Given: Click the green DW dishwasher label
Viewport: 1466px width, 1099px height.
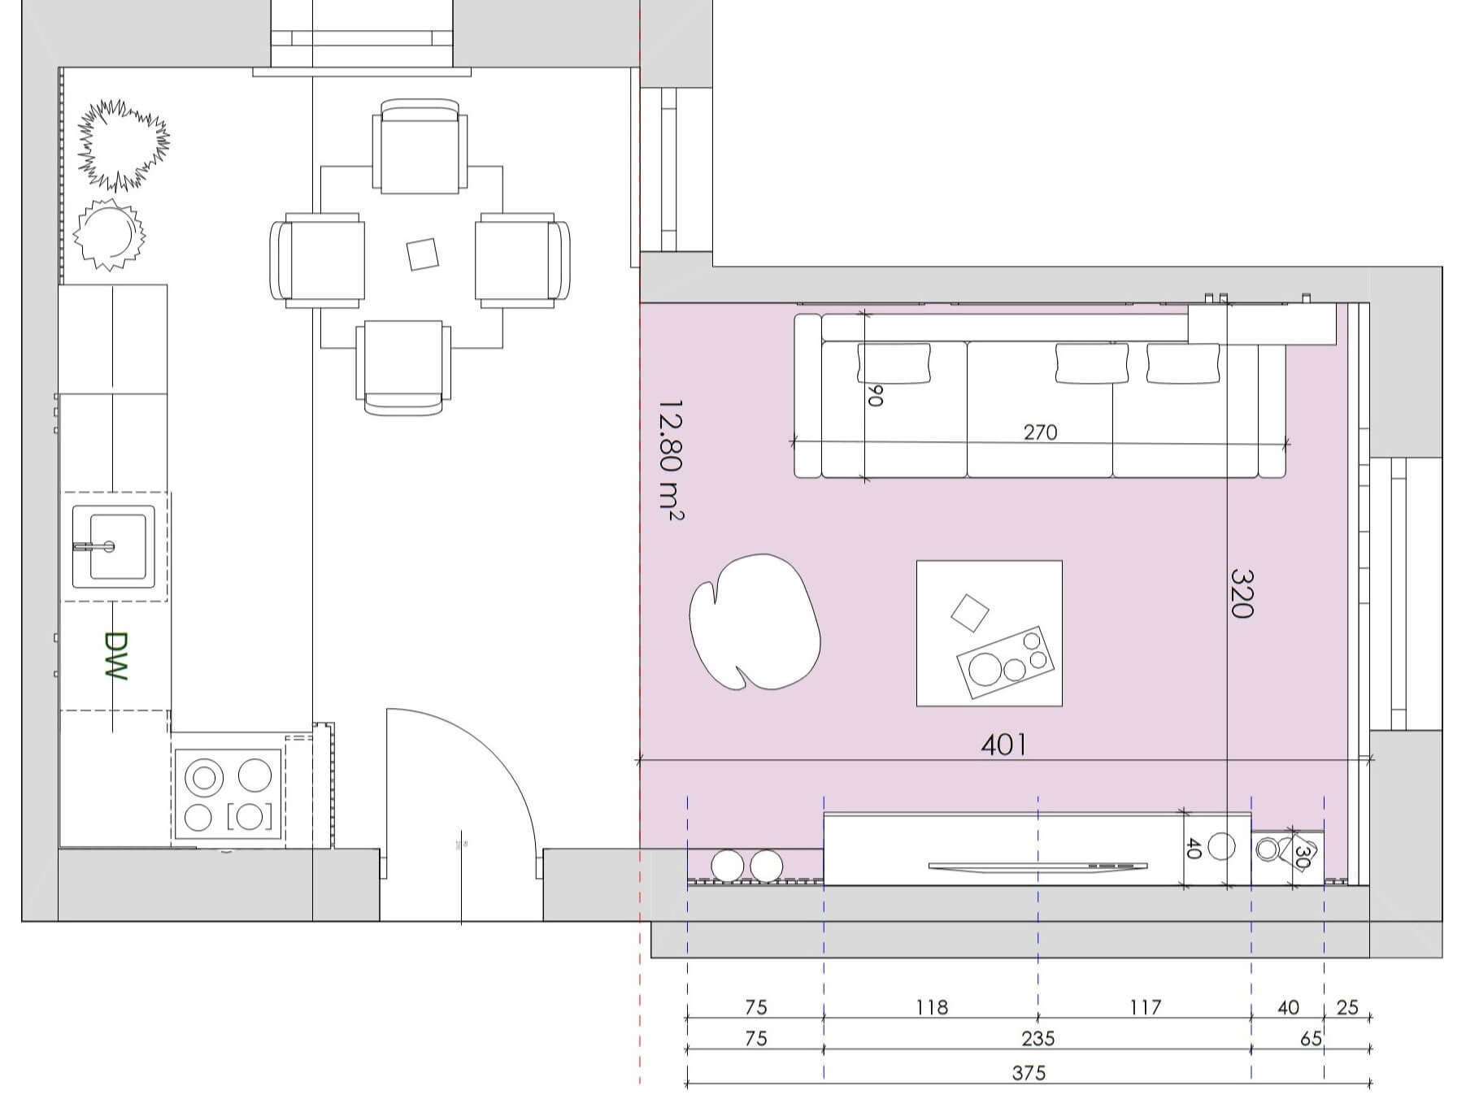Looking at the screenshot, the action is point(116,656).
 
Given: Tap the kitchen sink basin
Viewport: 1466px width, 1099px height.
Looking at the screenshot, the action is point(114,546).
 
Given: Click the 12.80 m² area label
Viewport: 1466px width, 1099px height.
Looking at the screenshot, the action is point(670,459).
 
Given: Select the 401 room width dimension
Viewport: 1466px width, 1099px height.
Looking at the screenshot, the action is point(1003,745).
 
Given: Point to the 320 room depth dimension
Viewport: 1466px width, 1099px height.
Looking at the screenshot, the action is point(1242,593).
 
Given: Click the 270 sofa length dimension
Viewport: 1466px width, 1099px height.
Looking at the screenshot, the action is point(1040,432).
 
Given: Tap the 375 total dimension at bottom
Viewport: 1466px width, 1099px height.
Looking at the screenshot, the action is point(1029,1073).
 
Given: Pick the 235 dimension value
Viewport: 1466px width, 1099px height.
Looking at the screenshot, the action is point(1038,1038).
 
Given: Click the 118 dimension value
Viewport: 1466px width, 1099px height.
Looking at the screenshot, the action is point(931,1007).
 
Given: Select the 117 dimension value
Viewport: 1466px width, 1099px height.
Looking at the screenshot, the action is point(1145,1007).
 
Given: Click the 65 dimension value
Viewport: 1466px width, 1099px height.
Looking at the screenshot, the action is point(1311,1038).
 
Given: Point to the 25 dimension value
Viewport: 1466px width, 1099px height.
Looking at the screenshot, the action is point(1347,1007).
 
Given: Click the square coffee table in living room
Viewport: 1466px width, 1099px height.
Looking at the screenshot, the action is point(990,633).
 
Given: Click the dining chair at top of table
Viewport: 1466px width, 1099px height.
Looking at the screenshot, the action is point(420,146).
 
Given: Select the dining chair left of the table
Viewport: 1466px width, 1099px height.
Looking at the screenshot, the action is point(317,260).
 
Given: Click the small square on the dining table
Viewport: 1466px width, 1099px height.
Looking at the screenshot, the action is point(423,254).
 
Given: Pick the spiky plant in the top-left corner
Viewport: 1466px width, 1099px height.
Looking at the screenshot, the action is point(124,145).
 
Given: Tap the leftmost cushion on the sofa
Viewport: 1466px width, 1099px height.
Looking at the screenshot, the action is point(894,363).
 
